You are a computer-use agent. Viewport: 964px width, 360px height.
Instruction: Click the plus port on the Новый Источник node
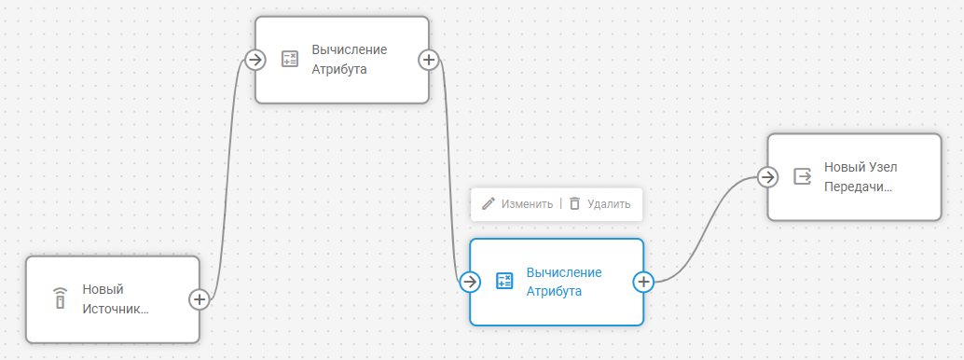(x=199, y=299)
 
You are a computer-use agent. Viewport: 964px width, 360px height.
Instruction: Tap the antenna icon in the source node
(x=60, y=299)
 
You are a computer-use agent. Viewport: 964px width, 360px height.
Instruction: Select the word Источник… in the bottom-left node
(x=116, y=309)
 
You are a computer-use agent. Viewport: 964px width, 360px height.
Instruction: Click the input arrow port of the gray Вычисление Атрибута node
(x=255, y=59)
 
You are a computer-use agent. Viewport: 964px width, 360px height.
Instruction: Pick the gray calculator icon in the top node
(x=290, y=60)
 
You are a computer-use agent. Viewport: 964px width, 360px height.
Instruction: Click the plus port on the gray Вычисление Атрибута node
(x=428, y=59)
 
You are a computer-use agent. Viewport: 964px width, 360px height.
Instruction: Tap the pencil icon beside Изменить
(x=488, y=203)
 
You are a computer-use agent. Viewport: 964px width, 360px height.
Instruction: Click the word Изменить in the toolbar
(x=527, y=203)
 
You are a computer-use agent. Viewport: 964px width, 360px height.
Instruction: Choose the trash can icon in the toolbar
(x=574, y=203)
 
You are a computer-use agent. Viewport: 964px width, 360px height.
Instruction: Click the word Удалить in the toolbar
(x=609, y=203)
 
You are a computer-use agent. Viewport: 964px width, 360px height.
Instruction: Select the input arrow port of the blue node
(x=470, y=281)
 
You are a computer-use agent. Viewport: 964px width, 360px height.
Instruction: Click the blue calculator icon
(x=504, y=281)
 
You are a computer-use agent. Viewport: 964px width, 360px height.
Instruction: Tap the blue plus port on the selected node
(x=643, y=281)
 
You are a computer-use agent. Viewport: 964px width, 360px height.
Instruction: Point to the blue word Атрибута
(x=554, y=291)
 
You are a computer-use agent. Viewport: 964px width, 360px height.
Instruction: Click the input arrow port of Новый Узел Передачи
(x=767, y=176)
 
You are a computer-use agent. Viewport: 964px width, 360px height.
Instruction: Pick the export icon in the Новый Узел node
(x=802, y=176)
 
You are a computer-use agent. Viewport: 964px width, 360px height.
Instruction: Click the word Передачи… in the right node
(x=858, y=186)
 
